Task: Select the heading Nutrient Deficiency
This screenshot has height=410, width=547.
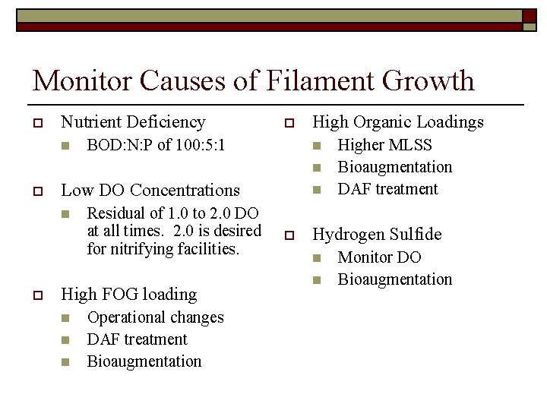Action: tap(133, 121)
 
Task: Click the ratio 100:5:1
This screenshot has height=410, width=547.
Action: tap(201, 144)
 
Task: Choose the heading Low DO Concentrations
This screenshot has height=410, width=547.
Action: tap(150, 190)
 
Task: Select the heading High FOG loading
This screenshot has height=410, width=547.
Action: tap(128, 294)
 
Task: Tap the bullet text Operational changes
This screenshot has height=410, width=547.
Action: tap(155, 317)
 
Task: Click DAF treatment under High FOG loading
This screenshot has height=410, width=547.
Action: tap(137, 339)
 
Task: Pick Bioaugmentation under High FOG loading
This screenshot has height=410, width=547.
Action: tap(144, 361)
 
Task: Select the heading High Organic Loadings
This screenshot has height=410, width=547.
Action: tap(398, 121)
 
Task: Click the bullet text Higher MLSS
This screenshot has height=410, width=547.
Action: tap(384, 145)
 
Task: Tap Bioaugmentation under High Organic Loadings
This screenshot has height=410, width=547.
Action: tap(394, 167)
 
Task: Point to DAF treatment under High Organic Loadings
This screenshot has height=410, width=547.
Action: tap(387, 189)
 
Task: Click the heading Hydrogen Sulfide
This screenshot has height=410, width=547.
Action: tap(377, 235)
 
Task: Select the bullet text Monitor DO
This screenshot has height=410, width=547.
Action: tap(379, 257)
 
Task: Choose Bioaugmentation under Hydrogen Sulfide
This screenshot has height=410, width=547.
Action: tap(394, 279)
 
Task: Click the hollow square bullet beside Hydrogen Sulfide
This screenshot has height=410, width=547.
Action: tap(289, 235)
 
